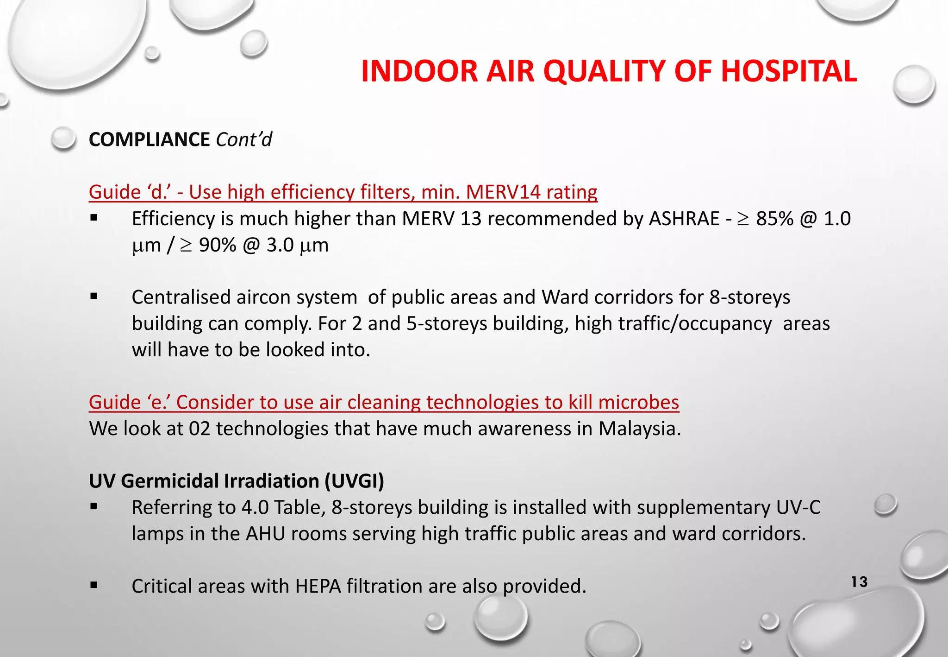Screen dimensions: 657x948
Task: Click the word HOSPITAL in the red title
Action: coord(788,71)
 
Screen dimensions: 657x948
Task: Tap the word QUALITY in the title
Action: coord(604,71)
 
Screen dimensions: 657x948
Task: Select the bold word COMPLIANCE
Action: coord(149,139)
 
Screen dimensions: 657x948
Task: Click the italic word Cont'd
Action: coord(244,139)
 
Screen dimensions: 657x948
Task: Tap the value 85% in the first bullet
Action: coord(775,219)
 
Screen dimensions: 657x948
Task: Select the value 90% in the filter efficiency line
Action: coord(218,245)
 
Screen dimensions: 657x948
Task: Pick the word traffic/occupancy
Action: coord(673,323)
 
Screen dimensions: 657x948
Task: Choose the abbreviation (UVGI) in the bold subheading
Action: coord(354,481)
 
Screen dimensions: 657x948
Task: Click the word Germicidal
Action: coord(170,481)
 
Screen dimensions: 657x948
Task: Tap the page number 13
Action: coord(859,582)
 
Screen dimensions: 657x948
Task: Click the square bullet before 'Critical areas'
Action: coord(94,586)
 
